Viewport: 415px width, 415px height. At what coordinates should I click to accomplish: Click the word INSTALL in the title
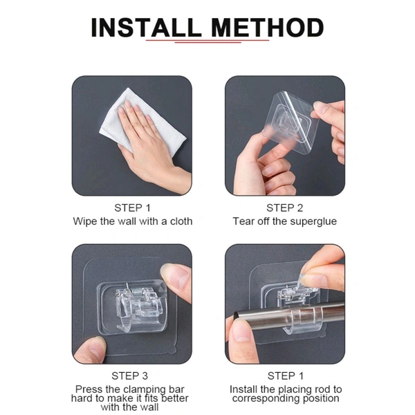coord(146,28)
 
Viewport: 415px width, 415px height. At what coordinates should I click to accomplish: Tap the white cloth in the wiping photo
coord(143,122)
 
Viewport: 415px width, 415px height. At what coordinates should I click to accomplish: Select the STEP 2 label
coord(284,208)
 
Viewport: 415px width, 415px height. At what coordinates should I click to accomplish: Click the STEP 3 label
coord(130,376)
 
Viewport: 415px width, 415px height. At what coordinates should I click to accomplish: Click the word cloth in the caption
coord(181,221)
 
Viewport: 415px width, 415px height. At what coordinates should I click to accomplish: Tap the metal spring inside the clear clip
coord(136,291)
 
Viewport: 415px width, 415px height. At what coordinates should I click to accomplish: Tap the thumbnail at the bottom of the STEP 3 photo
coord(98,349)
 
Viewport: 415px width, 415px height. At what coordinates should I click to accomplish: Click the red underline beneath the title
coord(207,41)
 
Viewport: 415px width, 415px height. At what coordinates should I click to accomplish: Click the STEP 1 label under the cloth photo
coord(132,208)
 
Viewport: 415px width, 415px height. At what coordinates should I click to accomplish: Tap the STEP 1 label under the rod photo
coord(285,376)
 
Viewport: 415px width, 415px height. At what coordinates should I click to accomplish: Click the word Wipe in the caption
coord(85,222)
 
